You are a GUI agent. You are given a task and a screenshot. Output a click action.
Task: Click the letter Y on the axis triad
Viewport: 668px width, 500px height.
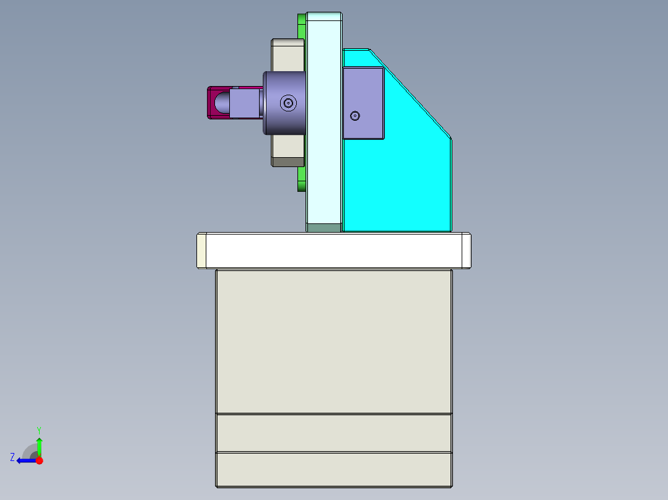[x=38, y=429]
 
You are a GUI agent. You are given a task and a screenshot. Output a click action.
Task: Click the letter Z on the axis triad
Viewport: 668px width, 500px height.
[x=12, y=457]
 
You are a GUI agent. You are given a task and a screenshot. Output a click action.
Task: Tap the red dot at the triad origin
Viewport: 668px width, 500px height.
[x=39, y=460]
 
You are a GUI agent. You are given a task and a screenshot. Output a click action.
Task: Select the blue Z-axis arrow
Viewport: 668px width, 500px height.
[x=25, y=460]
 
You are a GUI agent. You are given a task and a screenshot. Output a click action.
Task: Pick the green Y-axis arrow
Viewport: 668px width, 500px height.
[x=39, y=446]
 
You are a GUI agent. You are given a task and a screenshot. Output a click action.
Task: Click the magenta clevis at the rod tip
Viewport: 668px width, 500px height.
[x=211, y=102]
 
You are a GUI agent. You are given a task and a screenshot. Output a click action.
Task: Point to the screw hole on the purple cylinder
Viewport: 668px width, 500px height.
[x=287, y=103]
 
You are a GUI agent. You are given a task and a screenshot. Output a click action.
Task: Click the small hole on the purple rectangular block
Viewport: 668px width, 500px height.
[x=354, y=116]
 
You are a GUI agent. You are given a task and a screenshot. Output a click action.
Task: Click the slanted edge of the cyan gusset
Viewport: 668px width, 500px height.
[x=409, y=93]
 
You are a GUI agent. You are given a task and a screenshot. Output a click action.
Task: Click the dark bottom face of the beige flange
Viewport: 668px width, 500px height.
[x=288, y=162]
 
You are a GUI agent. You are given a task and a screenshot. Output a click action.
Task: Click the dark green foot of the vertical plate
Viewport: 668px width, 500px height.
[x=323, y=228]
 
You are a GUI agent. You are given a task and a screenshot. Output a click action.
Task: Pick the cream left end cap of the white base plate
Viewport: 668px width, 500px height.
[x=201, y=251]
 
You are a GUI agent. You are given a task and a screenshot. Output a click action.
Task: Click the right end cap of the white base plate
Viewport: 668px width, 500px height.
[x=466, y=251]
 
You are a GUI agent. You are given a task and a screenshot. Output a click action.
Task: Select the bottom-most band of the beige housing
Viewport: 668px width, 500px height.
[x=333, y=470]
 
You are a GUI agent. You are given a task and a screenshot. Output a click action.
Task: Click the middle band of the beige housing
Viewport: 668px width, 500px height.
[x=333, y=433]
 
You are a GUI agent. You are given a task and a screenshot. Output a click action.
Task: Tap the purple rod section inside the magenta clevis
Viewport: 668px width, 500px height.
[x=245, y=103]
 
